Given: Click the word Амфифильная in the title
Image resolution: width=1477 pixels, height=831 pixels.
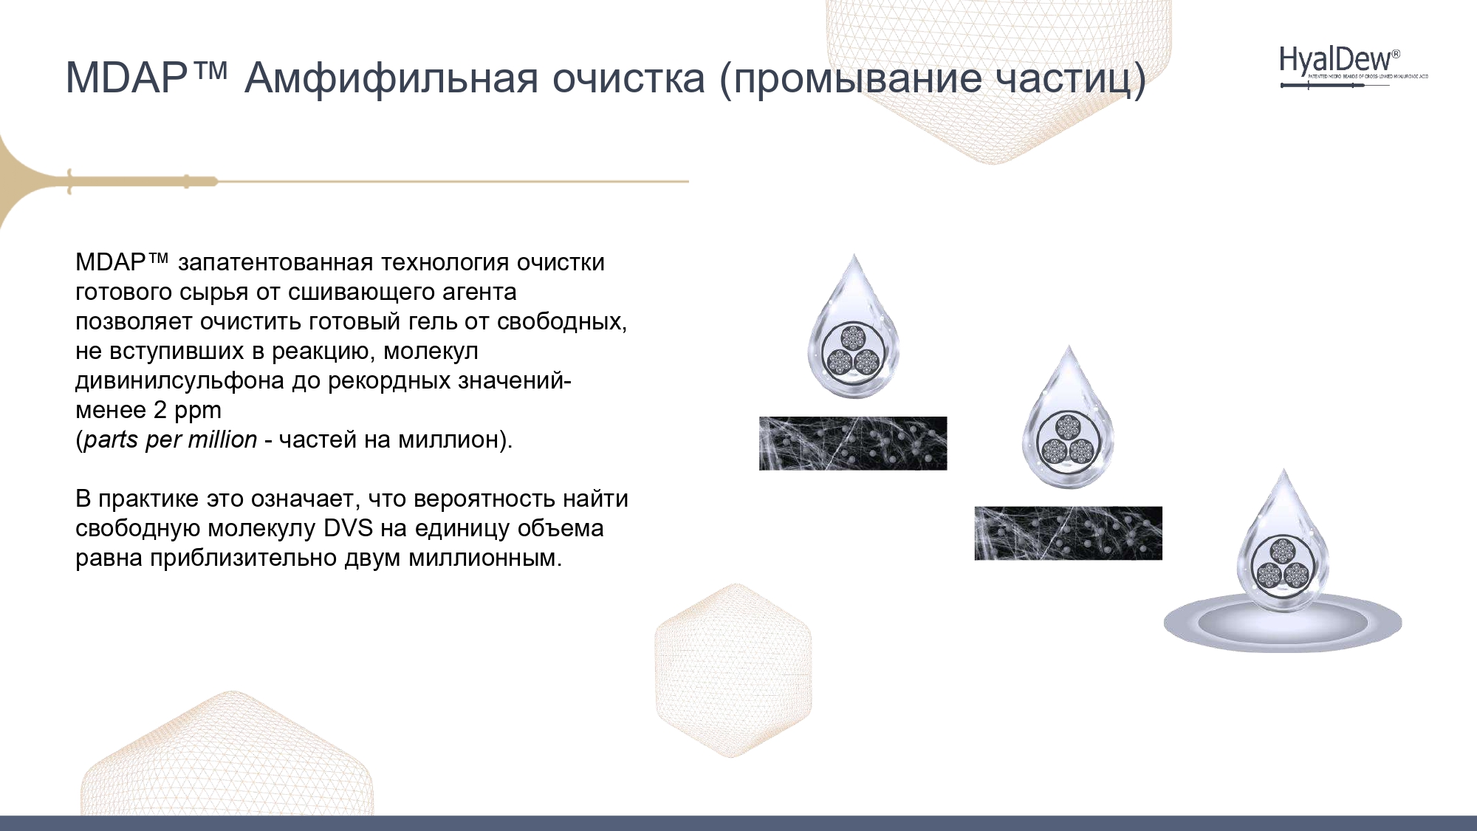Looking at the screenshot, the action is (x=392, y=78).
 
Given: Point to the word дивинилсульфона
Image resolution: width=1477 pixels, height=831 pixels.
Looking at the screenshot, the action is (x=179, y=381).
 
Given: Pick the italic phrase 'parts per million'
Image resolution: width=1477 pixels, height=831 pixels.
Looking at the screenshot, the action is (x=171, y=440).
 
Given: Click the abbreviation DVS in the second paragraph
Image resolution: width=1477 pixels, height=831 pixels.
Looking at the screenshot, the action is (x=351, y=528).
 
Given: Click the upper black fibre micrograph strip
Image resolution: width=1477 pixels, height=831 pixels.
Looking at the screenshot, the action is (x=853, y=443).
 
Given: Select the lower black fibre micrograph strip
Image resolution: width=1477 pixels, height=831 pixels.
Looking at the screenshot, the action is (x=1068, y=533).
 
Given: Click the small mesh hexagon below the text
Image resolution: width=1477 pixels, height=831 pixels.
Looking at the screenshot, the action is (x=733, y=671).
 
